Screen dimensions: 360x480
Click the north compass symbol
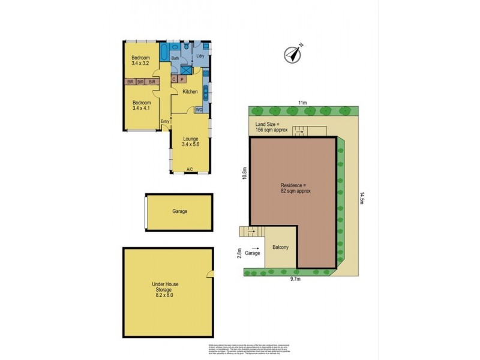click(292, 53)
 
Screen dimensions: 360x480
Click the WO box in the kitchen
click(199, 109)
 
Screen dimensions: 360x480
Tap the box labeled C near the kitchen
click(174, 79)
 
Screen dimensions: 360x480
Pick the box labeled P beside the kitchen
click(182, 79)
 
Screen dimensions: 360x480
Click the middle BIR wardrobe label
click(140, 81)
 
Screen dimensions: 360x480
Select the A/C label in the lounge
click(190, 169)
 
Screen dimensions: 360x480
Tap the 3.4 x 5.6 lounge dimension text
click(190, 145)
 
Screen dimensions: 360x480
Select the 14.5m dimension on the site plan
click(362, 198)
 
